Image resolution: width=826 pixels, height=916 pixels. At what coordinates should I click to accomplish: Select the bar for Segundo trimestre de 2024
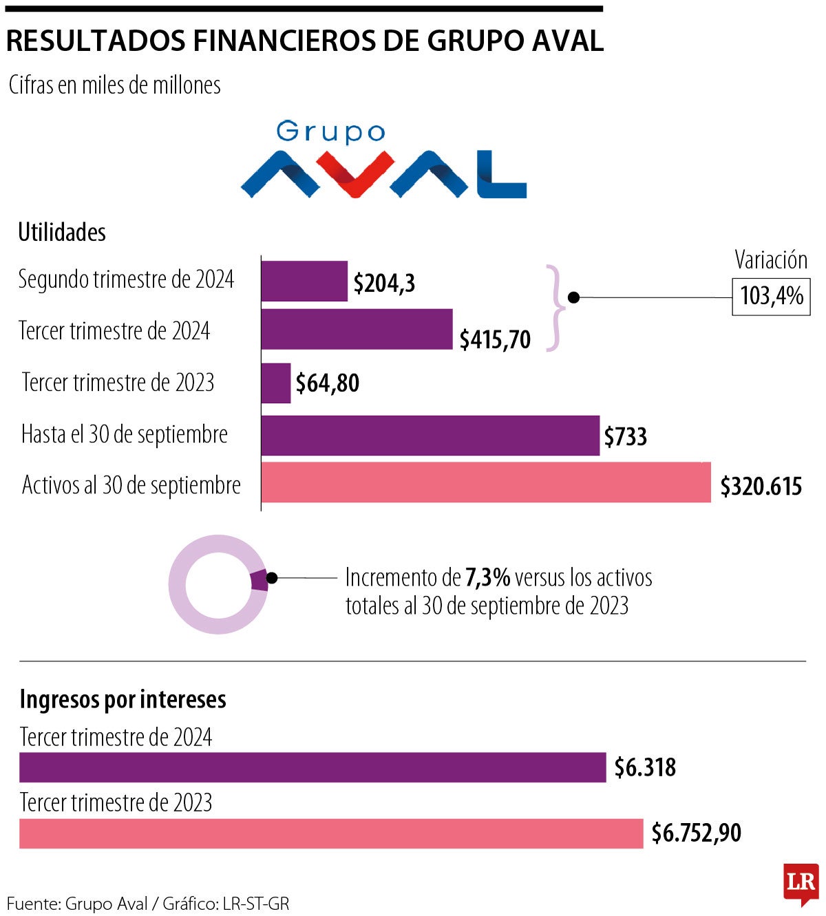coord(304,281)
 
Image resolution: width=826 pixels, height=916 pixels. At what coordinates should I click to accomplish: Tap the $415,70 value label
coord(495,339)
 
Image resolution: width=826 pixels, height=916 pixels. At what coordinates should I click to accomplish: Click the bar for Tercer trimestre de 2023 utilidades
coord(276,383)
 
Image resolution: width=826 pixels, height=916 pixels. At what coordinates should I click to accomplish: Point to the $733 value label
coord(625,437)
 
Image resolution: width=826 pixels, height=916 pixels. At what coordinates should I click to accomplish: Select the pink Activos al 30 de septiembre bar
coord(486,483)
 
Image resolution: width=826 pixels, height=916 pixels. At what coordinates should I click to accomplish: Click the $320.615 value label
coord(761,487)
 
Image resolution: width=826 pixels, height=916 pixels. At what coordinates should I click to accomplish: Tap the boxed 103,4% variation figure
coord(771,297)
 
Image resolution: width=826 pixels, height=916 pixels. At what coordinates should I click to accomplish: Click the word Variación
coord(770,260)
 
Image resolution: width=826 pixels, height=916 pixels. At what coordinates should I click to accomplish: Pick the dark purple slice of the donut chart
coord(260,580)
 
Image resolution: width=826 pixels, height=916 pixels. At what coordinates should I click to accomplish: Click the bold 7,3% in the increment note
coord(487,577)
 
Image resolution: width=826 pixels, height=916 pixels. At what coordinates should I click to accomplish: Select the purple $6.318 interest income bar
coord(313,767)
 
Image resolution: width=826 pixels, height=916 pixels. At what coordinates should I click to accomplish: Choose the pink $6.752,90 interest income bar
coord(331,833)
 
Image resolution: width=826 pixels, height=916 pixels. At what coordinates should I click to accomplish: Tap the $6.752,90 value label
coord(696,833)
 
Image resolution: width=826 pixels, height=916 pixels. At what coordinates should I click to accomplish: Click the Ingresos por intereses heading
coord(123,699)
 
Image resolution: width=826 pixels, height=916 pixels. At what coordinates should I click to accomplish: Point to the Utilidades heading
coord(62,233)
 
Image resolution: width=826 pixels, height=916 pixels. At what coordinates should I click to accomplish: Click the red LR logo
coord(801,884)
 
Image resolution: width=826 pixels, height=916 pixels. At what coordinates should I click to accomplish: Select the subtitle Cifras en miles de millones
coord(114,85)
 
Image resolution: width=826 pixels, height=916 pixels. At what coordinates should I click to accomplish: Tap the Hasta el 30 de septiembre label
coord(125,435)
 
